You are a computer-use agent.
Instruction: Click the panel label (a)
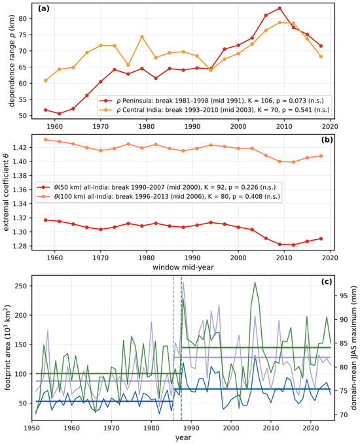tap(43, 9)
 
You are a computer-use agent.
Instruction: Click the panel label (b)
tap(327, 139)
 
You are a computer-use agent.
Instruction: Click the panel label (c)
tap(327, 282)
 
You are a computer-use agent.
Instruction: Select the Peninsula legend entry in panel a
tap(211, 101)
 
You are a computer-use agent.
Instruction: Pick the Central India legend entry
tap(215, 110)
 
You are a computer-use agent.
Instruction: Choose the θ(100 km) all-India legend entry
tap(158, 196)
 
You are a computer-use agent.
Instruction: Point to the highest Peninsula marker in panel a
tap(279, 9)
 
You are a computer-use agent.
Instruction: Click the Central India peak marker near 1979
tap(142, 37)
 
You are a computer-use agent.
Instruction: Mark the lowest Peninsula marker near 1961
tap(60, 114)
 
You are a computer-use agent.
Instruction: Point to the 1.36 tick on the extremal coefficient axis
tap(20, 190)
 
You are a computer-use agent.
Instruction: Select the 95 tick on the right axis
tap(343, 296)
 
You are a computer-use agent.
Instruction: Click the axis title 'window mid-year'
tap(183, 267)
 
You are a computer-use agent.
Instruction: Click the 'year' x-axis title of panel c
tap(183, 437)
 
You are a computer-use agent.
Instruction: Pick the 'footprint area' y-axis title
tap(7, 348)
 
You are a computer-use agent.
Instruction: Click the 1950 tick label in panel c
tap(31, 428)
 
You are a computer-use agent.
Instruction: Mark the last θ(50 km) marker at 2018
tap(321, 239)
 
